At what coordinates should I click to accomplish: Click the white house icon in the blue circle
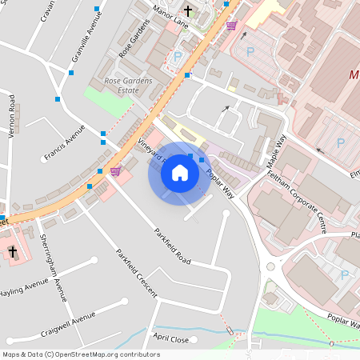coord(180,172)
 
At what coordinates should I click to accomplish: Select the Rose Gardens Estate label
coord(122,86)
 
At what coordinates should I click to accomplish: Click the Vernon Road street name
coord(11,116)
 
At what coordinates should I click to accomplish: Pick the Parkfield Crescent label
coord(135,273)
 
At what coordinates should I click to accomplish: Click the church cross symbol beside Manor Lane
coord(189,11)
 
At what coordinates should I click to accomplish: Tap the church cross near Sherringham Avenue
coord(12,252)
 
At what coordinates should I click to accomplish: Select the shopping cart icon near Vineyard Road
coord(115,170)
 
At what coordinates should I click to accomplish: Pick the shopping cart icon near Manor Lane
coord(231,26)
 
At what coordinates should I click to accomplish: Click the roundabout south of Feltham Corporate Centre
coord(271,267)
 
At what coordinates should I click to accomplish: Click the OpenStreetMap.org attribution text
coord(80,354)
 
